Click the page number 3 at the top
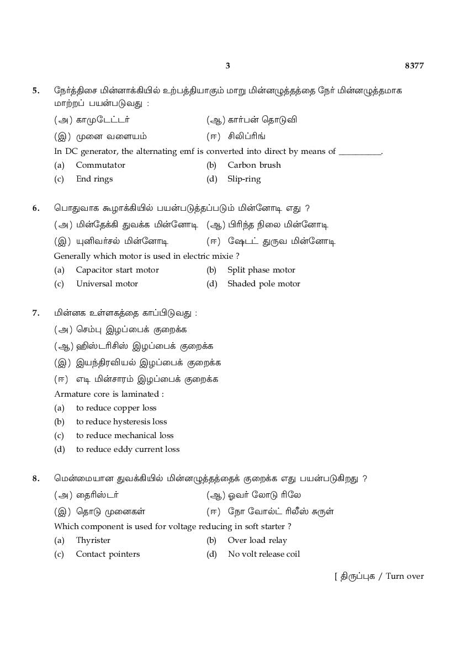227,66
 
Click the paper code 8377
414,66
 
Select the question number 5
36,90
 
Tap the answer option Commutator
100,165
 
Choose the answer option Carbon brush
254,165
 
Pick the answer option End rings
94,179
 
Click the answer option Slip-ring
244,179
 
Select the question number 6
36,208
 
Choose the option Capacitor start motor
117,270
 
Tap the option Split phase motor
261,270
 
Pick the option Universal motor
107,284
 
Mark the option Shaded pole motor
264,284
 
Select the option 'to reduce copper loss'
116,408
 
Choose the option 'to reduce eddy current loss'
128,449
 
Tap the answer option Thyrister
93,540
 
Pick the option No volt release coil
264,554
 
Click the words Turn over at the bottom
405,576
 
